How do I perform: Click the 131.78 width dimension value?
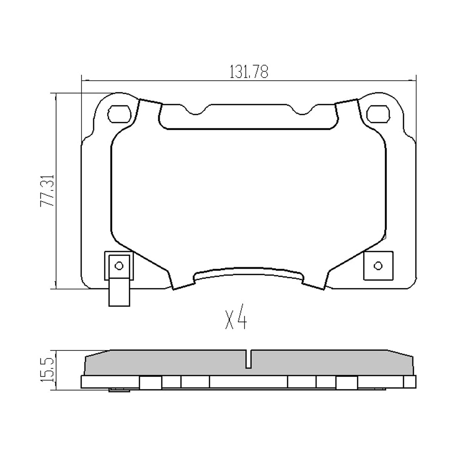tap(249, 72)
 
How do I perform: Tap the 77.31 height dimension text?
tap(48, 191)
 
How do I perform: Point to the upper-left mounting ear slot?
tap(119, 114)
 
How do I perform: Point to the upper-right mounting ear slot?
tap(378, 114)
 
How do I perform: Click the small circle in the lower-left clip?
tap(119, 265)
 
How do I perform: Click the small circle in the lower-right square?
tap(378, 265)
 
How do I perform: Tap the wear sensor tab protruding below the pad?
tap(119, 292)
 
